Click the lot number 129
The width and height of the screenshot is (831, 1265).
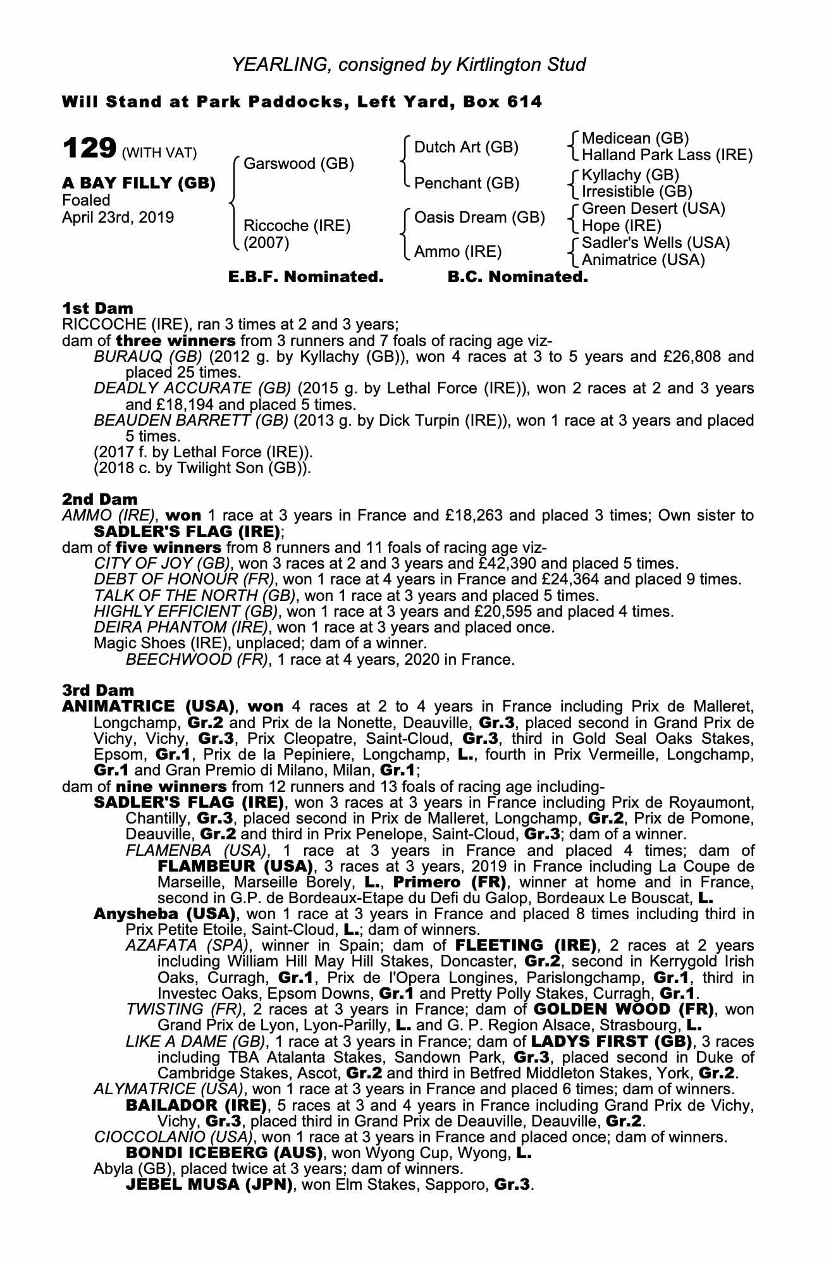[89, 149]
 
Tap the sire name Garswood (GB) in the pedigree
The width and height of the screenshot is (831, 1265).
[299, 164]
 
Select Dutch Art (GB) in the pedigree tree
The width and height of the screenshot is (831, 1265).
[466, 147]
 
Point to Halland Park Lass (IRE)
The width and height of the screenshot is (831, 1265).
[667, 155]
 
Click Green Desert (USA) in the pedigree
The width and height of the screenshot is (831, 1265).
[653, 209]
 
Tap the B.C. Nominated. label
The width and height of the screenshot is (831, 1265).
[517, 277]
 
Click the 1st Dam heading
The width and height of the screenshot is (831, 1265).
[98, 309]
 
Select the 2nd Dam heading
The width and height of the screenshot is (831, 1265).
[100, 500]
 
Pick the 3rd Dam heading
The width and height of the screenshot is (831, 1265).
[99, 690]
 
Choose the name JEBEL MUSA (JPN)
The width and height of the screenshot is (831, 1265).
[209, 1185]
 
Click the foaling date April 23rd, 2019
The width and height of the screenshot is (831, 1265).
[118, 218]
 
